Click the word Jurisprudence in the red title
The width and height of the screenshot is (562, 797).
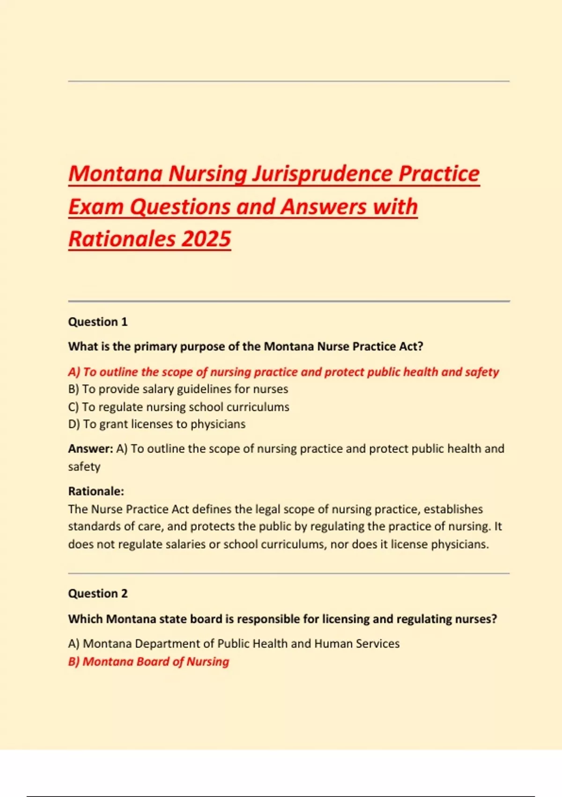[x=323, y=173]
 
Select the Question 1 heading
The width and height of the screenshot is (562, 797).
[x=97, y=322]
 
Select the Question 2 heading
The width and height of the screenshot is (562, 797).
[x=97, y=594]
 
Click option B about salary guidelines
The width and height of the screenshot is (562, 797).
[x=178, y=389]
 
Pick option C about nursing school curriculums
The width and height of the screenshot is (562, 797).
[x=178, y=407]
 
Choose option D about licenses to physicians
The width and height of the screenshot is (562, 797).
[x=156, y=424]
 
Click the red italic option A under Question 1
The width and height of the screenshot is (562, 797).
[x=283, y=372]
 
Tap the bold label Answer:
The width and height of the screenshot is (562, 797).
[x=90, y=449]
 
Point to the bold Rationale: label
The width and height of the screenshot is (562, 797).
[x=96, y=491]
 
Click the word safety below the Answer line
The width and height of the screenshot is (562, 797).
[x=84, y=467]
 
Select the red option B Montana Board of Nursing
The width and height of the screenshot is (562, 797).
[x=148, y=662]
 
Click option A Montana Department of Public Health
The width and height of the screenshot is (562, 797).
[x=233, y=644]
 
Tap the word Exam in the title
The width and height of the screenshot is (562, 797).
[x=96, y=207]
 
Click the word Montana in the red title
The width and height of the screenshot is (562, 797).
[x=115, y=173]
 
